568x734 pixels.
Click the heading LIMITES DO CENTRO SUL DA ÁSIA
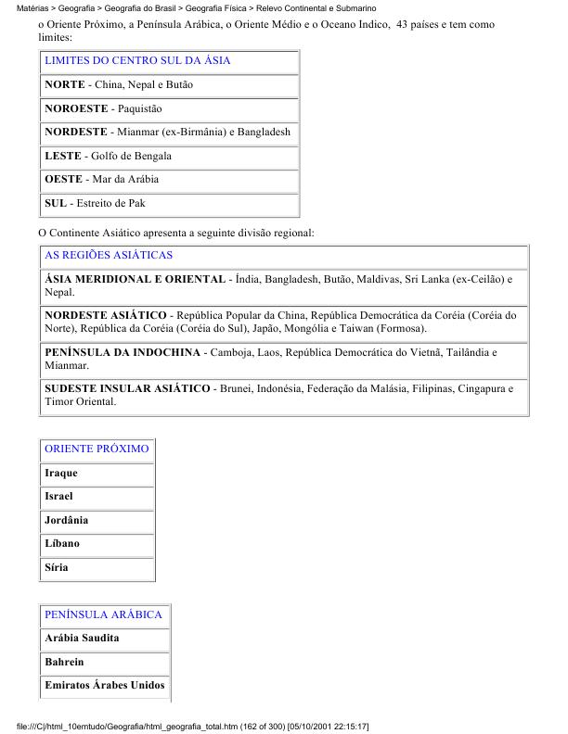point(137,60)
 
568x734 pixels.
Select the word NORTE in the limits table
point(64,84)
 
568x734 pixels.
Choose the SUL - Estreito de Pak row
point(95,203)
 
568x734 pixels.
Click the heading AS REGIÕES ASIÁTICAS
point(109,255)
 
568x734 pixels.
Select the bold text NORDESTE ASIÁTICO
point(106,315)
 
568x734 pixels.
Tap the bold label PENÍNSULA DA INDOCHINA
point(123,352)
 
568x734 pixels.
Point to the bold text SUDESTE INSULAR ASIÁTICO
point(127,388)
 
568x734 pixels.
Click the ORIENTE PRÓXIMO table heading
point(97,449)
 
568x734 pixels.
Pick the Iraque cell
point(61,473)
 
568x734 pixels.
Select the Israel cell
point(58,497)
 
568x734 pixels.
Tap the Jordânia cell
point(67,520)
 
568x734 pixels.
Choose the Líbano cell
point(62,543)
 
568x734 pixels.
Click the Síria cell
point(57,567)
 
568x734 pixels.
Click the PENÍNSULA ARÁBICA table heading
point(103,614)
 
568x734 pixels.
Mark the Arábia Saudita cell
point(82,639)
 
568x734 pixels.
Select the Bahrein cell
point(64,662)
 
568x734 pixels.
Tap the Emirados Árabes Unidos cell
point(105,686)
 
